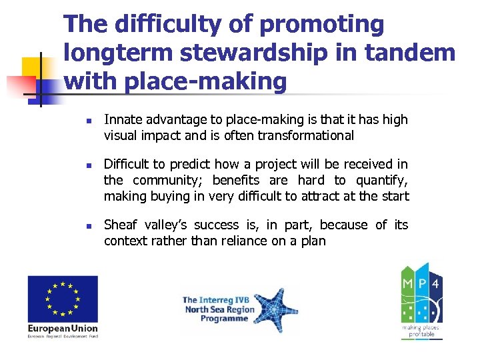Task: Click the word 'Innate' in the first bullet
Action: (x=122, y=120)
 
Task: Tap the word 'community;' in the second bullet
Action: (x=167, y=181)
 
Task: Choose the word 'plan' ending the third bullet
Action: (x=313, y=241)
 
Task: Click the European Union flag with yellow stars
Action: (x=63, y=299)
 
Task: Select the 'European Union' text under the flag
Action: (x=63, y=328)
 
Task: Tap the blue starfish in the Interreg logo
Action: (x=269, y=309)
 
